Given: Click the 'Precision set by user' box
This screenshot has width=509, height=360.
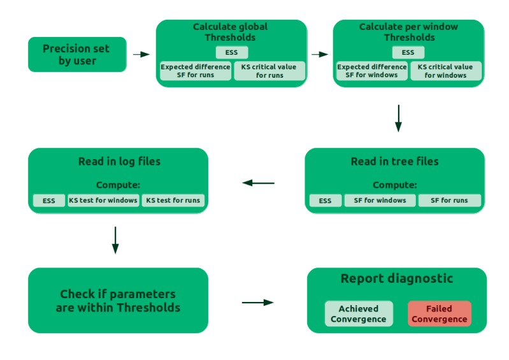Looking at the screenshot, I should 76,55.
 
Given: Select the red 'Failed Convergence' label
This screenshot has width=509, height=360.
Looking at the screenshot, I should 439,313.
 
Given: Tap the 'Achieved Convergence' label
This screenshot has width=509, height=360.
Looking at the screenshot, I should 357,313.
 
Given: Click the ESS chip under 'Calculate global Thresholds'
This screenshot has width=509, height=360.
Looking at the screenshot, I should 231,53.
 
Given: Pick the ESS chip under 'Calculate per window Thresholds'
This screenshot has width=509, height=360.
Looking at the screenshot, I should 408,53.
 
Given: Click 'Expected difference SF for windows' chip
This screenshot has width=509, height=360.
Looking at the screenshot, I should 371,71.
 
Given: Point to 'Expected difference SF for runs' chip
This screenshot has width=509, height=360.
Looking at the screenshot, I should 195,71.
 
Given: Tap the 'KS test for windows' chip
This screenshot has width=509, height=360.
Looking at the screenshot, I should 103,201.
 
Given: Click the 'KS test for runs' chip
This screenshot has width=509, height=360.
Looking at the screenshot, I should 173,201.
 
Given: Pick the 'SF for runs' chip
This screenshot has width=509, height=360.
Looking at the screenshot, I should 450,201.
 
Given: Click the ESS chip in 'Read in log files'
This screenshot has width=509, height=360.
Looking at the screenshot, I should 49,201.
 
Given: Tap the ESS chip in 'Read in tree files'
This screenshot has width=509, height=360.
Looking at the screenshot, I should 325,201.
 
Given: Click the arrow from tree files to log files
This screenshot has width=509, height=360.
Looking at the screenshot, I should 258,184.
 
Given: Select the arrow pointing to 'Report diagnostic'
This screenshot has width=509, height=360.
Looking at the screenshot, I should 258,301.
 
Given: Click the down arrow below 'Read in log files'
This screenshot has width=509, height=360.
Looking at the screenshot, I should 115,239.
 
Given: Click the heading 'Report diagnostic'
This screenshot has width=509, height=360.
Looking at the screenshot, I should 397,278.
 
